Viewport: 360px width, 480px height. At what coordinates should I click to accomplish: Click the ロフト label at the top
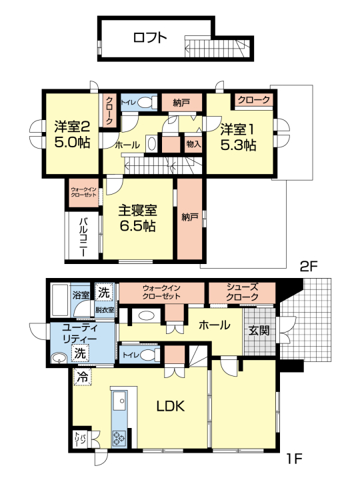pyautogui.click(x=150, y=37)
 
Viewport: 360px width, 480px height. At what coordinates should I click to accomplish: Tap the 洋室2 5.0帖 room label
pyautogui.click(x=72, y=135)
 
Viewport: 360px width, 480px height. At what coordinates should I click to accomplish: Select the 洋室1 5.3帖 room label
pyautogui.click(x=239, y=137)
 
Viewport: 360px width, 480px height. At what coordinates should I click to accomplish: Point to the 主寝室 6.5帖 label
pyautogui.click(x=138, y=218)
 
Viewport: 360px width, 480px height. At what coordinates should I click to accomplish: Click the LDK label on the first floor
pyautogui.click(x=171, y=406)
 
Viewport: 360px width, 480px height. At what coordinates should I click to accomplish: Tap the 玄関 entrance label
pyautogui.click(x=259, y=330)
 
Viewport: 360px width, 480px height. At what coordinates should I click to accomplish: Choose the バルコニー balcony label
pyautogui.click(x=83, y=237)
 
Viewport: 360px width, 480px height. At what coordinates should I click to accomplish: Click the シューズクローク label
pyautogui.click(x=242, y=292)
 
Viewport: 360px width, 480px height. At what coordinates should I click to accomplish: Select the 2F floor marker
pyautogui.click(x=308, y=267)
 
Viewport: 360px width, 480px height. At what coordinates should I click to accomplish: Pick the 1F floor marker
pyautogui.click(x=294, y=459)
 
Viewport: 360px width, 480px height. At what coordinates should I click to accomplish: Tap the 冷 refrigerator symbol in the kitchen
pyautogui.click(x=83, y=377)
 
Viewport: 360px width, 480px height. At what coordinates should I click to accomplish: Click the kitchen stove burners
pyautogui.click(x=119, y=437)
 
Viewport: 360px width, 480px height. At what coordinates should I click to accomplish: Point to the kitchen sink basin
pyautogui.click(x=120, y=401)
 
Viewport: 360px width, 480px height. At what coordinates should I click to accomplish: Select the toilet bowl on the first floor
pyautogui.click(x=147, y=355)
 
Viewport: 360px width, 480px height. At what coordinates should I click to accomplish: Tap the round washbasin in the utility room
pyautogui.click(x=59, y=358)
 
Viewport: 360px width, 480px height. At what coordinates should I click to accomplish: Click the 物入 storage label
pyautogui.click(x=193, y=143)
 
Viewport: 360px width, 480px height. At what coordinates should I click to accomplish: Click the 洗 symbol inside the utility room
pyautogui.click(x=80, y=353)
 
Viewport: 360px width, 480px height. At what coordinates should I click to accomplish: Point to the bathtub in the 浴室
pyautogui.click(x=60, y=301)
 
